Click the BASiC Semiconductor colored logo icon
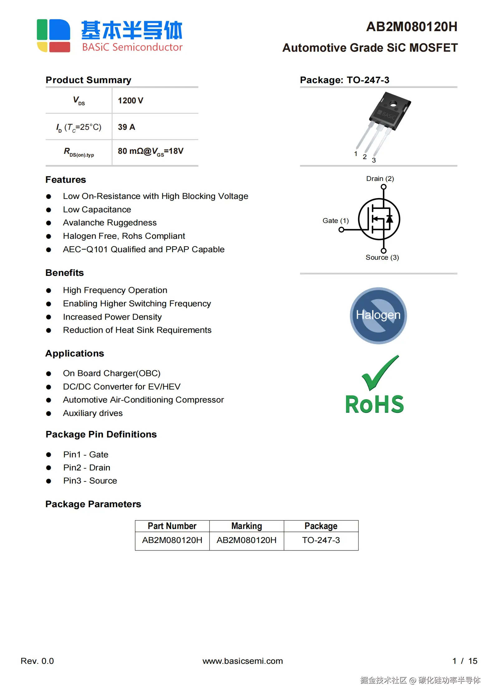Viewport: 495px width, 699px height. coord(53,35)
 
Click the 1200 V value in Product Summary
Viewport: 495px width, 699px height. coord(130,101)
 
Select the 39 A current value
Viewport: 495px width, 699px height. coord(126,127)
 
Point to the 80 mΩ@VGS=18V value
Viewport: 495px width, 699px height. coord(150,151)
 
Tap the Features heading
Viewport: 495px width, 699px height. coord(65,180)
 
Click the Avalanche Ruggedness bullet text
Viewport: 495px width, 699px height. coord(110,223)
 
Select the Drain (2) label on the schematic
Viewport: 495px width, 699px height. coord(380,179)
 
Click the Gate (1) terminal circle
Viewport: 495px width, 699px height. coord(341,230)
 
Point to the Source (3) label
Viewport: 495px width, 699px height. coord(382,257)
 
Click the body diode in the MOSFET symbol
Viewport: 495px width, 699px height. coord(389,219)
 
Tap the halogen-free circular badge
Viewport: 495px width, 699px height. coord(378,315)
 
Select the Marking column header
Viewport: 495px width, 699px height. coord(246,526)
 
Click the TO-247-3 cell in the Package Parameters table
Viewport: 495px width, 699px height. coord(321,540)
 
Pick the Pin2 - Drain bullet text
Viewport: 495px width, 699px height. coord(87,468)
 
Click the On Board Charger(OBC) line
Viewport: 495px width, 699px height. coord(112,373)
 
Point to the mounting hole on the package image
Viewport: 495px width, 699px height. coord(393,103)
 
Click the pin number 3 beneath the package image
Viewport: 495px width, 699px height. coord(374,160)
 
